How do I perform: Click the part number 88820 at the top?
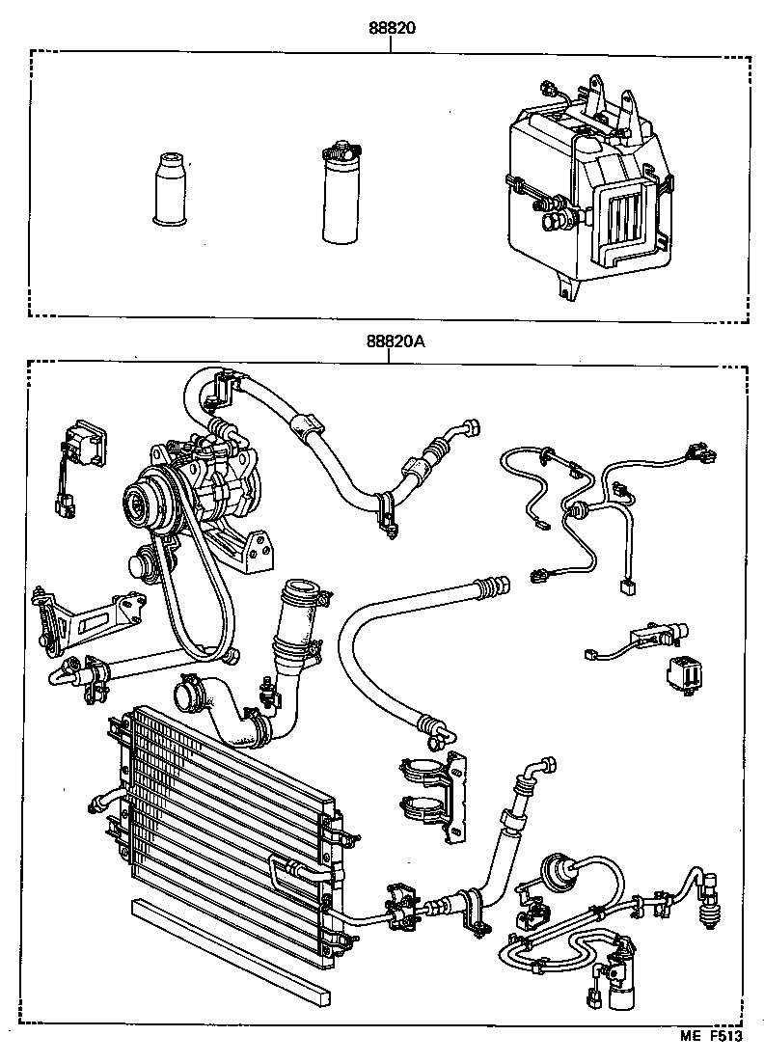[x=391, y=28]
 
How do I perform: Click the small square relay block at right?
[x=682, y=672]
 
